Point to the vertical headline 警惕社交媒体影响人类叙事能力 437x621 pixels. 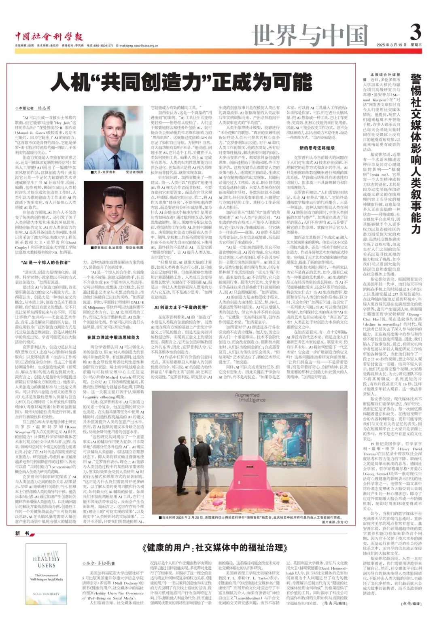pos(416,154)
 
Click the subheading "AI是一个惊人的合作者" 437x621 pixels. pos(45,262)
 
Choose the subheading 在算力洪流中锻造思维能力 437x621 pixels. pos(113,337)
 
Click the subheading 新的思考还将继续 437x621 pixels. pos(317,148)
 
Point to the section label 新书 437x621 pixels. pos(22,534)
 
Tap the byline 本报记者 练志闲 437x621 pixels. pos(34,108)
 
